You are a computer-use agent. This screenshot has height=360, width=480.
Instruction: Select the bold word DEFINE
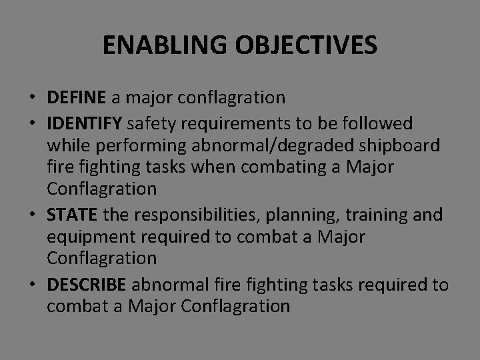76,98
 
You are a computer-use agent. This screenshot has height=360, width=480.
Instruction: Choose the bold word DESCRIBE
87,284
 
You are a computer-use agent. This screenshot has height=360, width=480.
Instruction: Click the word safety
149,123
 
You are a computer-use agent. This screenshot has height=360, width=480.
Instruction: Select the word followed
378,123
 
